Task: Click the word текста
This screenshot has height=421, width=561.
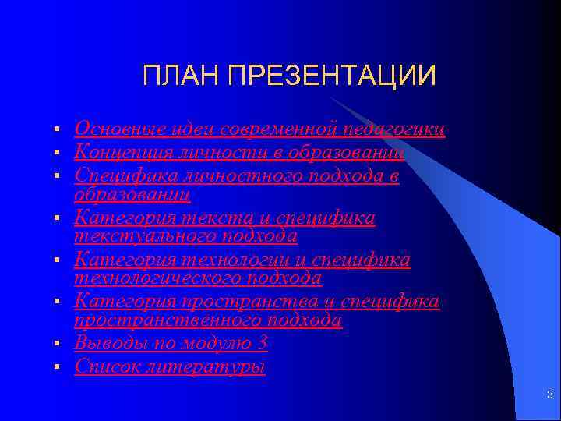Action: coord(225,218)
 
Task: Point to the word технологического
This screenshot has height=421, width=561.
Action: coord(156,277)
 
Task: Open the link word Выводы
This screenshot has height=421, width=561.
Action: coord(108,343)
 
